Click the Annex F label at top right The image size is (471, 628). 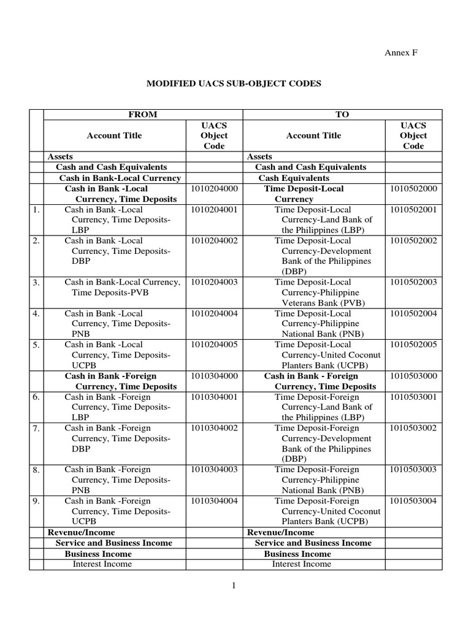tap(400, 53)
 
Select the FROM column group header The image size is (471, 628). tap(142, 114)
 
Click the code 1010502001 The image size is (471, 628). tap(413, 210)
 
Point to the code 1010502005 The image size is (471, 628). tap(413, 345)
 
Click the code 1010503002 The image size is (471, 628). tap(413, 428)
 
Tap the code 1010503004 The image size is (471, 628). tap(413, 500)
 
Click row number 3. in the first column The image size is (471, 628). tap(36, 283)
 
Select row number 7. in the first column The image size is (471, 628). tap(36, 428)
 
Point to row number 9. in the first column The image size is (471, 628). tap(36, 501)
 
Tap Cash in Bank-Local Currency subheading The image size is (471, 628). tap(120, 178)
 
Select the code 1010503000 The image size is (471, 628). tap(413, 376)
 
